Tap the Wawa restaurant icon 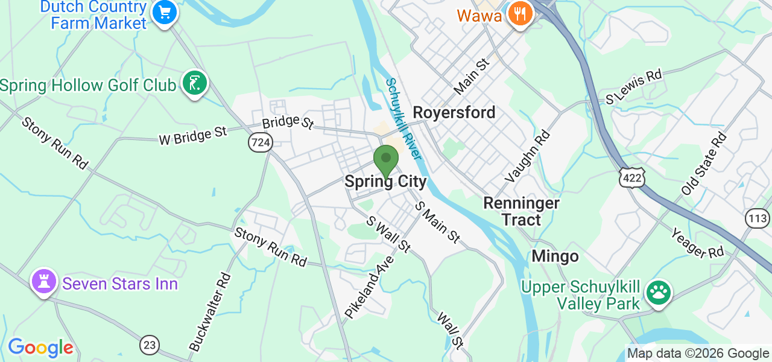519,14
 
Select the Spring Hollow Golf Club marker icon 194,83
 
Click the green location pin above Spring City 385,160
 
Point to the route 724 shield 261,142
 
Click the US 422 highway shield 631,177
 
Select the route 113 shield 757,218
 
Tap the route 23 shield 150,345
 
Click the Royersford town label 454,112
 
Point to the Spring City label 385,182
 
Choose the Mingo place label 555,256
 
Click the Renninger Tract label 522,211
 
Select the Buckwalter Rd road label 210,312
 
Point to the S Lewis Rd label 633,88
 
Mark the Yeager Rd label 697,243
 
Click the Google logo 40,348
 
